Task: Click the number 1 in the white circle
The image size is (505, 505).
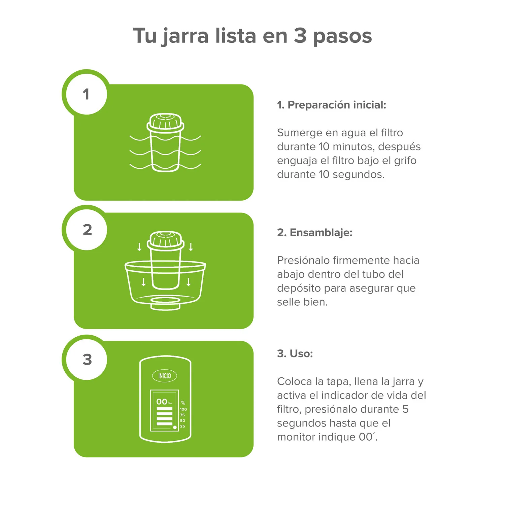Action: coord(86,94)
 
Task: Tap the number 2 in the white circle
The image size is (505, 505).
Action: coord(87,230)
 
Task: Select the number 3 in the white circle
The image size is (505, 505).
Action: coord(87,360)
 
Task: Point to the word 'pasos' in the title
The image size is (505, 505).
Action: coord(342,36)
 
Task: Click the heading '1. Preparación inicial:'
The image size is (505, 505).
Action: coord(331,105)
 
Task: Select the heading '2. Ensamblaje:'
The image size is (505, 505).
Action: coord(314,233)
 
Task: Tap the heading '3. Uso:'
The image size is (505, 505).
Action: coord(295,354)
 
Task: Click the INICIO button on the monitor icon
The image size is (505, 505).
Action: coord(165,376)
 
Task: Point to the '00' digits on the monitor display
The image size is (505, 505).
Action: coord(162,402)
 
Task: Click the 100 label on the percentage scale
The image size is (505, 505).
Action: coord(183,409)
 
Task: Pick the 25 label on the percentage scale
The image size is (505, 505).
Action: coord(182,426)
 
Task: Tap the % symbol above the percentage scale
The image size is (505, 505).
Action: coord(183,403)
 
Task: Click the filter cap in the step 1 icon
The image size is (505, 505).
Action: coord(165,122)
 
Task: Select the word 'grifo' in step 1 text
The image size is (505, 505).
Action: coord(405,161)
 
